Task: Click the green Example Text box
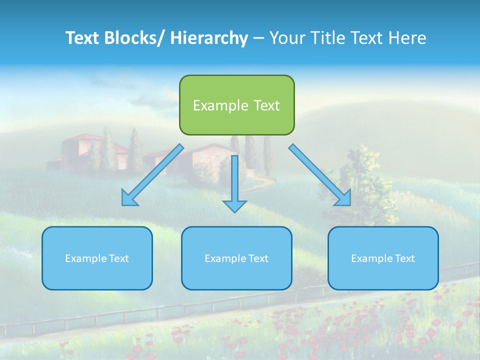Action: [236, 105]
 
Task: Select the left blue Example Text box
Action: [97, 258]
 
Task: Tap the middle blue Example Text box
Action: [236, 258]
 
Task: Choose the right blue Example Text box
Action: [383, 258]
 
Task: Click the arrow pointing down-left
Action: [152, 175]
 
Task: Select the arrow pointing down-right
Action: [320, 175]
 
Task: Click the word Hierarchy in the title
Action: [209, 38]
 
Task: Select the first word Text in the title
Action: [83, 38]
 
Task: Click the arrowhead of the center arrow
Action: [234, 205]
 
